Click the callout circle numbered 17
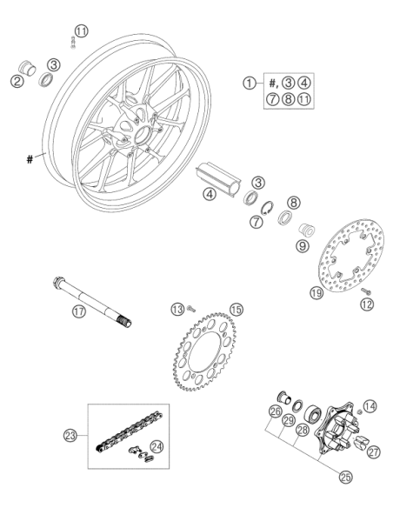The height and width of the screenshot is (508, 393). [x=79, y=311]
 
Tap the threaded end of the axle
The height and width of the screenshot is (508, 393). [x=125, y=321]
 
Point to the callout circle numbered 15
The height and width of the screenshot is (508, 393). [x=236, y=310]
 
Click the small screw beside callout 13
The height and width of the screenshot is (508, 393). [x=191, y=309]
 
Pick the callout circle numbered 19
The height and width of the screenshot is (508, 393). [x=316, y=292]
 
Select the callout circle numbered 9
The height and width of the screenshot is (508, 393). [x=303, y=246]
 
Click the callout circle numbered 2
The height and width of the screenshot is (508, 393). [x=17, y=81]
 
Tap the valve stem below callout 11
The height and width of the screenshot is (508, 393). [x=73, y=43]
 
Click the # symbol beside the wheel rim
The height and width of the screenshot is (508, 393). [x=30, y=159]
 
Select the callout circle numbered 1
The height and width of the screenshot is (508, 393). [x=250, y=83]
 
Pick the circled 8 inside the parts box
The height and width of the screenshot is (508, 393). [x=288, y=98]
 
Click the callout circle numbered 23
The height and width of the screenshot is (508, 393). [x=70, y=436]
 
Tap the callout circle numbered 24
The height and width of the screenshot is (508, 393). [x=157, y=447]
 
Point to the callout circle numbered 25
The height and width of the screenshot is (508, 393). [x=345, y=477]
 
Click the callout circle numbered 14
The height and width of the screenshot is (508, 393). [x=370, y=406]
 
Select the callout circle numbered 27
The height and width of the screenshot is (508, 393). [x=374, y=452]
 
